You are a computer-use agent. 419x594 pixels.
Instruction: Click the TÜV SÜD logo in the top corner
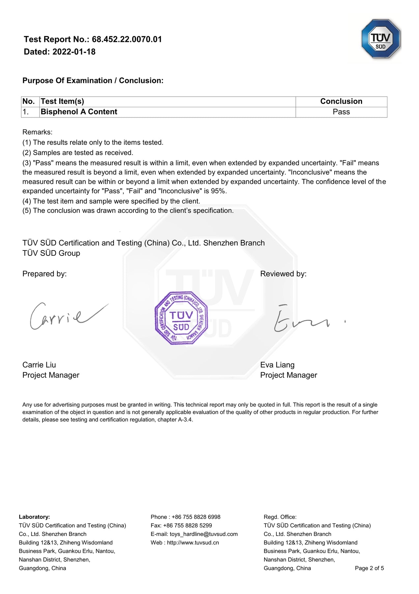[x=381, y=39]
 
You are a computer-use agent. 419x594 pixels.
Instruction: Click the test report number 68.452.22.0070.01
[x=127, y=40]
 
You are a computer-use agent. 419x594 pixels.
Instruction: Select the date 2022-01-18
[x=74, y=52]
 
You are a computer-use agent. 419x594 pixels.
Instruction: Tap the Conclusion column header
[x=341, y=101]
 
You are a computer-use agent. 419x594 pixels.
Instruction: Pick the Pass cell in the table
[x=341, y=112]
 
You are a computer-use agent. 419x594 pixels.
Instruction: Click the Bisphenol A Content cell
[x=79, y=112]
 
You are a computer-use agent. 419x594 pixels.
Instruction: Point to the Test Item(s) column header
[x=62, y=101]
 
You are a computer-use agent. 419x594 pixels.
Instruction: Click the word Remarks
[x=37, y=132]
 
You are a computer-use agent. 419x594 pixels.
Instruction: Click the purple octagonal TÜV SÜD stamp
[x=181, y=318]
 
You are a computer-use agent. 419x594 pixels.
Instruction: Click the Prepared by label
[x=44, y=274]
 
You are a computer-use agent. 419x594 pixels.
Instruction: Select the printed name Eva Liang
[x=277, y=365]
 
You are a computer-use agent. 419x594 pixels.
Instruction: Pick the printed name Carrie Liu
[x=39, y=365]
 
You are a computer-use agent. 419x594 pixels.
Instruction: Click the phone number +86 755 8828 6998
[x=196, y=517]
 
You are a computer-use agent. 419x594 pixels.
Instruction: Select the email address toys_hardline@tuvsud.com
[x=204, y=534]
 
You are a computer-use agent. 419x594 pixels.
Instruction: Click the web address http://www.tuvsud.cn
[x=193, y=543]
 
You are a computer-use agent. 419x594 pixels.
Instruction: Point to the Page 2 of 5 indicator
[x=369, y=568]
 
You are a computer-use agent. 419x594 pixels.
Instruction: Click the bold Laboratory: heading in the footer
[x=34, y=517]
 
